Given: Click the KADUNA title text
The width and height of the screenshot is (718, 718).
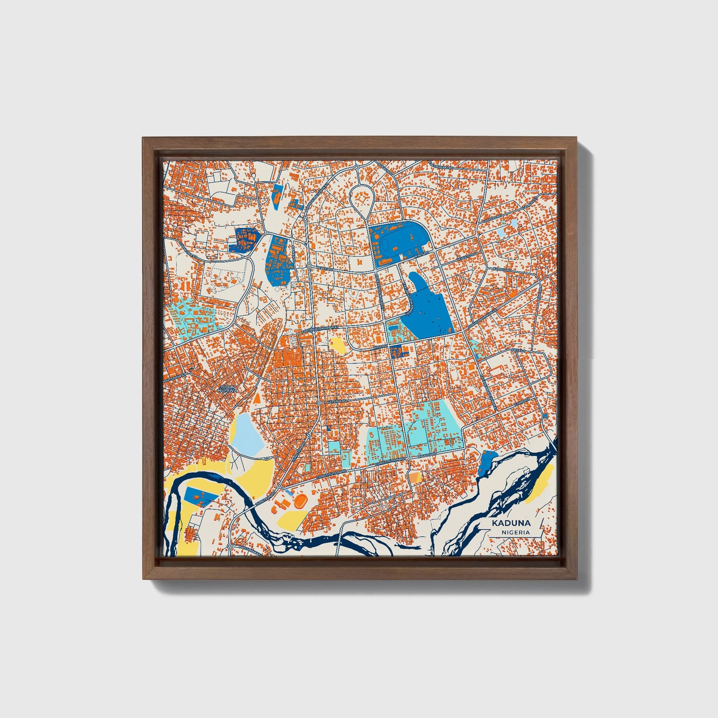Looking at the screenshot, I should [511, 523].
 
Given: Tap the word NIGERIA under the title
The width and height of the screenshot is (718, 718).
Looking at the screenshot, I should [515, 532].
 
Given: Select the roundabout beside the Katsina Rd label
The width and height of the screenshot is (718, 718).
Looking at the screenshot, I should [319, 402].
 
